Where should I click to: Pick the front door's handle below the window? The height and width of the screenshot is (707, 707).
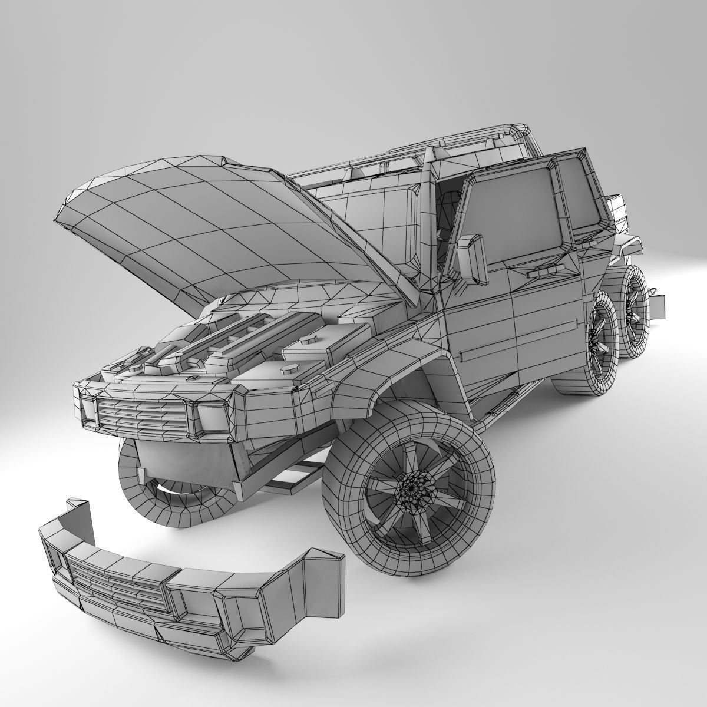541,273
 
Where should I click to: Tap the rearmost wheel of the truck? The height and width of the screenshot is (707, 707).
635,311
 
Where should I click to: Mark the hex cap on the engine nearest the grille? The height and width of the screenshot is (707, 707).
289,368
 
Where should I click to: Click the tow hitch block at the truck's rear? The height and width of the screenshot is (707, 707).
659,305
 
